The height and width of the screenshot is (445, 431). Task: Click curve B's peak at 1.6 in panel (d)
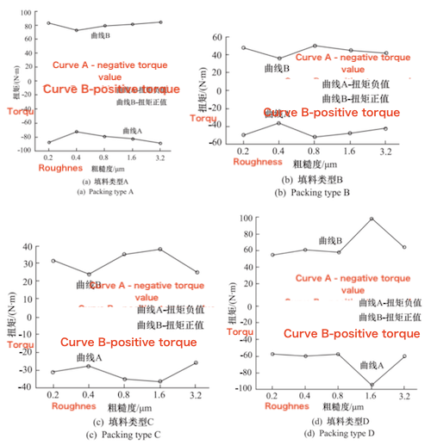tap(372, 219)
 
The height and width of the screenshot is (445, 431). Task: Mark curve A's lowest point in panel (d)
tap(372, 385)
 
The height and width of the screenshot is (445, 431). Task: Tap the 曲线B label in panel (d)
tap(330, 241)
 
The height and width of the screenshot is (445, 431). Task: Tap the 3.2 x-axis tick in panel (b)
tap(384, 151)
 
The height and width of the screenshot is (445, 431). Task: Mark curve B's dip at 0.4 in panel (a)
tap(77, 30)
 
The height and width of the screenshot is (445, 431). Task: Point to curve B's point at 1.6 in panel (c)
tap(159, 250)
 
